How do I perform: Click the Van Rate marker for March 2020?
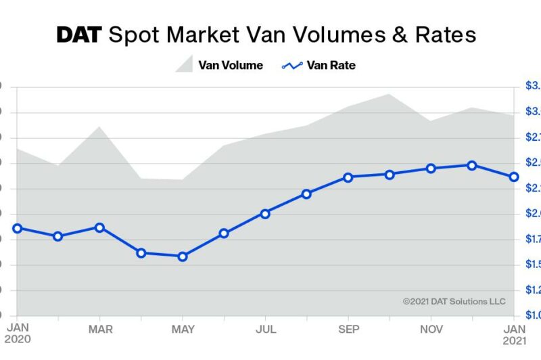(99, 227)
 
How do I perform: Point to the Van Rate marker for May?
(183, 256)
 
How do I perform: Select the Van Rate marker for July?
(265, 213)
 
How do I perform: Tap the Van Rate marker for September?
(348, 177)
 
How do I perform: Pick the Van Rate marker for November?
(431, 168)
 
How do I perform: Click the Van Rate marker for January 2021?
(514, 177)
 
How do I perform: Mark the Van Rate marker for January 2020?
(18, 228)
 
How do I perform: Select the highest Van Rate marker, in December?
(472, 164)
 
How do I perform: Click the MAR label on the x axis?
(100, 330)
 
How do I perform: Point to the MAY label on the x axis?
(183, 330)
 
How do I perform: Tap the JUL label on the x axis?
(266, 330)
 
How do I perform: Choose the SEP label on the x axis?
(348, 330)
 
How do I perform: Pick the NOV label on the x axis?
(431, 330)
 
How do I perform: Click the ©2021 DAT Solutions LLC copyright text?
(454, 302)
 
